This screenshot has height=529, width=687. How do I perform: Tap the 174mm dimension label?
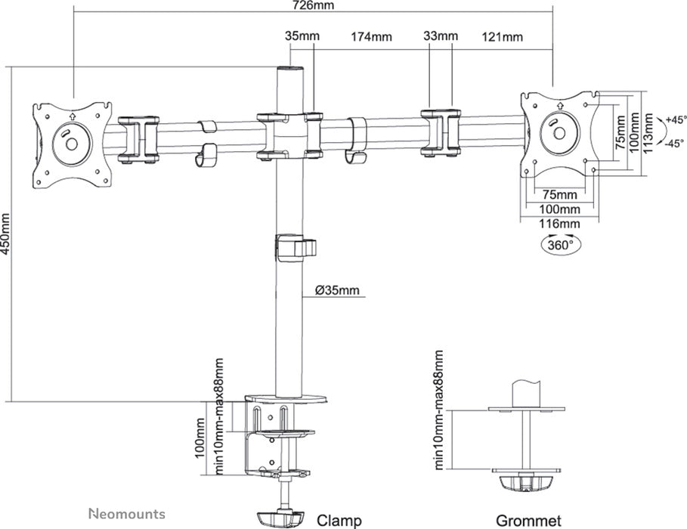(370, 36)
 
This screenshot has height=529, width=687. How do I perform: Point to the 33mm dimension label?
(441, 36)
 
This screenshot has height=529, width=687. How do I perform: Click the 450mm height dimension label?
(7, 234)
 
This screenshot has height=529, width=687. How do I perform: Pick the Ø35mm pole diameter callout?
(337, 290)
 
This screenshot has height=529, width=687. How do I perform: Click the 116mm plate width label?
(560, 224)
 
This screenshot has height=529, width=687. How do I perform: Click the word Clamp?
(339, 520)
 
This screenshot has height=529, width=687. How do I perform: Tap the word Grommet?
(528, 520)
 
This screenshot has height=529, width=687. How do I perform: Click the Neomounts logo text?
(126, 514)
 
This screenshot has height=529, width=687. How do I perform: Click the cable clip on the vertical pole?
(294, 248)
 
